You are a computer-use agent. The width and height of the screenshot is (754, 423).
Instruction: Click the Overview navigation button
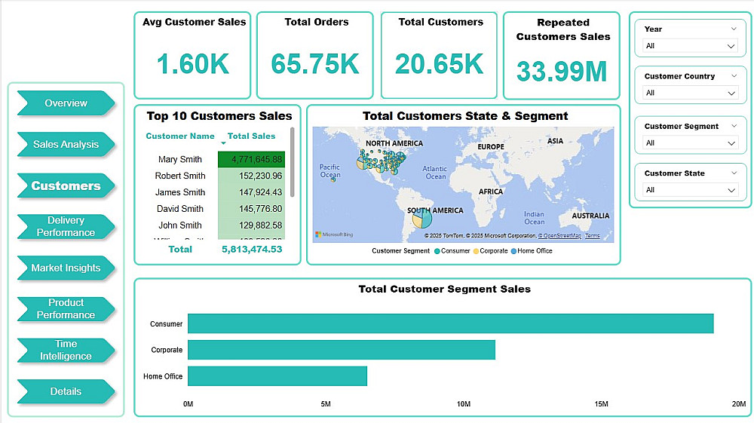tap(66, 103)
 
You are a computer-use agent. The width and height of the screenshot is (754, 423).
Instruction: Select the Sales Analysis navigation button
tap(66, 144)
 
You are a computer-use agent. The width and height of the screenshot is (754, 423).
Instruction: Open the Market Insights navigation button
tap(66, 268)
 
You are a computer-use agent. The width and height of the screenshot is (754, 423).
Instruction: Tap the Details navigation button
tap(66, 391)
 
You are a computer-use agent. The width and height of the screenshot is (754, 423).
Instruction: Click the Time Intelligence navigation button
tap(66, 350)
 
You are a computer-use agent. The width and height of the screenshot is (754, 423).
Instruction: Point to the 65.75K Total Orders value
tap(314, 64)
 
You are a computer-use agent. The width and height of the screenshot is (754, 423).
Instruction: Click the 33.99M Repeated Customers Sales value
tap(562, 71)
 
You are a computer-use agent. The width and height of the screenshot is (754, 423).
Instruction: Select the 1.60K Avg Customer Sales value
tap(193, 64)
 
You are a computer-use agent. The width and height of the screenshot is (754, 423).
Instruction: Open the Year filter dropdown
tap(689, 46)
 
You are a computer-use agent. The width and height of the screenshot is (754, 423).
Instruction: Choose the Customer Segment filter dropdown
tap(689, 143)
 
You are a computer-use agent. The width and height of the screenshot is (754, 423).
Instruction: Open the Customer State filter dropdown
tap(689, 190)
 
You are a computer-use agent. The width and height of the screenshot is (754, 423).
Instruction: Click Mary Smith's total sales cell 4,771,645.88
tap(251, 159)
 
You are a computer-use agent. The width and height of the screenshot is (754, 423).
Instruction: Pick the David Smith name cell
tap(179, 208)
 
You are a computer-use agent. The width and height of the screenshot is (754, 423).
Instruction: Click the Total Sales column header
tap(251, 136)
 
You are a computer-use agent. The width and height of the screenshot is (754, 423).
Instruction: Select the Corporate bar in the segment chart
tap(341, 350)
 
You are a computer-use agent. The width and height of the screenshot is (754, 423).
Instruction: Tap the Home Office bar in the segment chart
tap(277, 376)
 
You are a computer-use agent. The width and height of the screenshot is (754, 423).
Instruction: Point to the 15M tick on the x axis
tap(602, 405)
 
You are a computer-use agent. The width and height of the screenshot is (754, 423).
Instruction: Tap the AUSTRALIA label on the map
tap(590, 216)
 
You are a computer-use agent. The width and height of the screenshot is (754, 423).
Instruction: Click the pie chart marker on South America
tap(421, 218)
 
